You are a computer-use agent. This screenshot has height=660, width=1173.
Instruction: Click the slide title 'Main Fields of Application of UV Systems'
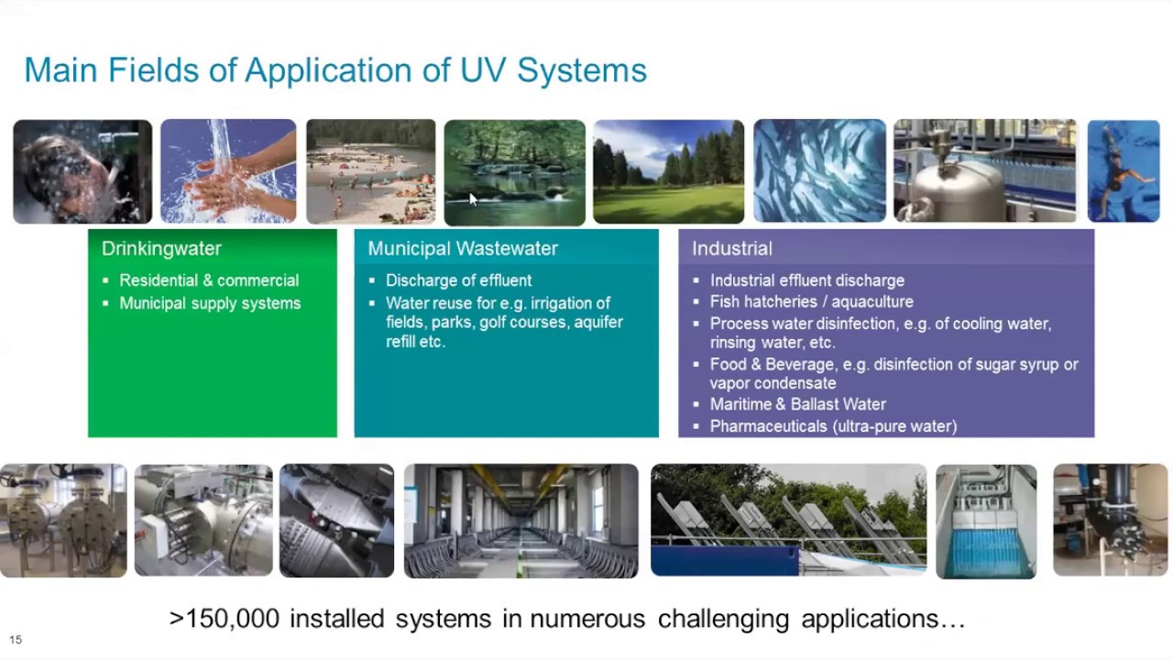[335, 71]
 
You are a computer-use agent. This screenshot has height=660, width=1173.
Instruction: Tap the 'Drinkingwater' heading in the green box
[161, 248]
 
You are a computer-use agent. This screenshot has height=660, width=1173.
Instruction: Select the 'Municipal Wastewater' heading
[463, 248]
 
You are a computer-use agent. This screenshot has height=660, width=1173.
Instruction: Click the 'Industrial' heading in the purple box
[731, 248]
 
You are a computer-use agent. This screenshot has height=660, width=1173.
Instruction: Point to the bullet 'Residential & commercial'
[209, 280]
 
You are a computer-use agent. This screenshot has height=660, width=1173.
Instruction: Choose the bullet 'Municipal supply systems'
[210, 303]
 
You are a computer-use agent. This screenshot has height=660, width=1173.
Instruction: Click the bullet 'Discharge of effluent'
[458, 280]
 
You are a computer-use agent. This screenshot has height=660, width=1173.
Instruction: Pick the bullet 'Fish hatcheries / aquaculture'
[811, 302]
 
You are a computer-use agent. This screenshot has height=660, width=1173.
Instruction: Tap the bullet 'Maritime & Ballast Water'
[797, 404]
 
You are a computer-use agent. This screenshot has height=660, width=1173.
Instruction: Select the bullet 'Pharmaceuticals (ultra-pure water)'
[833, 426]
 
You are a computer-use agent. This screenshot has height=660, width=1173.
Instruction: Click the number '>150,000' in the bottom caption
[225, 619]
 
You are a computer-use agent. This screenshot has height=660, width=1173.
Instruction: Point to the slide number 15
[16, 640]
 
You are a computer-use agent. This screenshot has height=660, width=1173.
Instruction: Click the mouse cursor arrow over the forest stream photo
[473, 199]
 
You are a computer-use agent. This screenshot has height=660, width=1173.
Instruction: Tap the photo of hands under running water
[228, 171]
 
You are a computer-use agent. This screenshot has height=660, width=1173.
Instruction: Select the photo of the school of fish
[819, 171]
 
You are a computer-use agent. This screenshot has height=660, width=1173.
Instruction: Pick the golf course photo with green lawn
[668, 171]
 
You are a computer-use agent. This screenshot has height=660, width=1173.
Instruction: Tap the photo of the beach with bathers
[370, 171]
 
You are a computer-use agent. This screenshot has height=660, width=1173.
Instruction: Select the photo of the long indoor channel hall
[521, 521]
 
